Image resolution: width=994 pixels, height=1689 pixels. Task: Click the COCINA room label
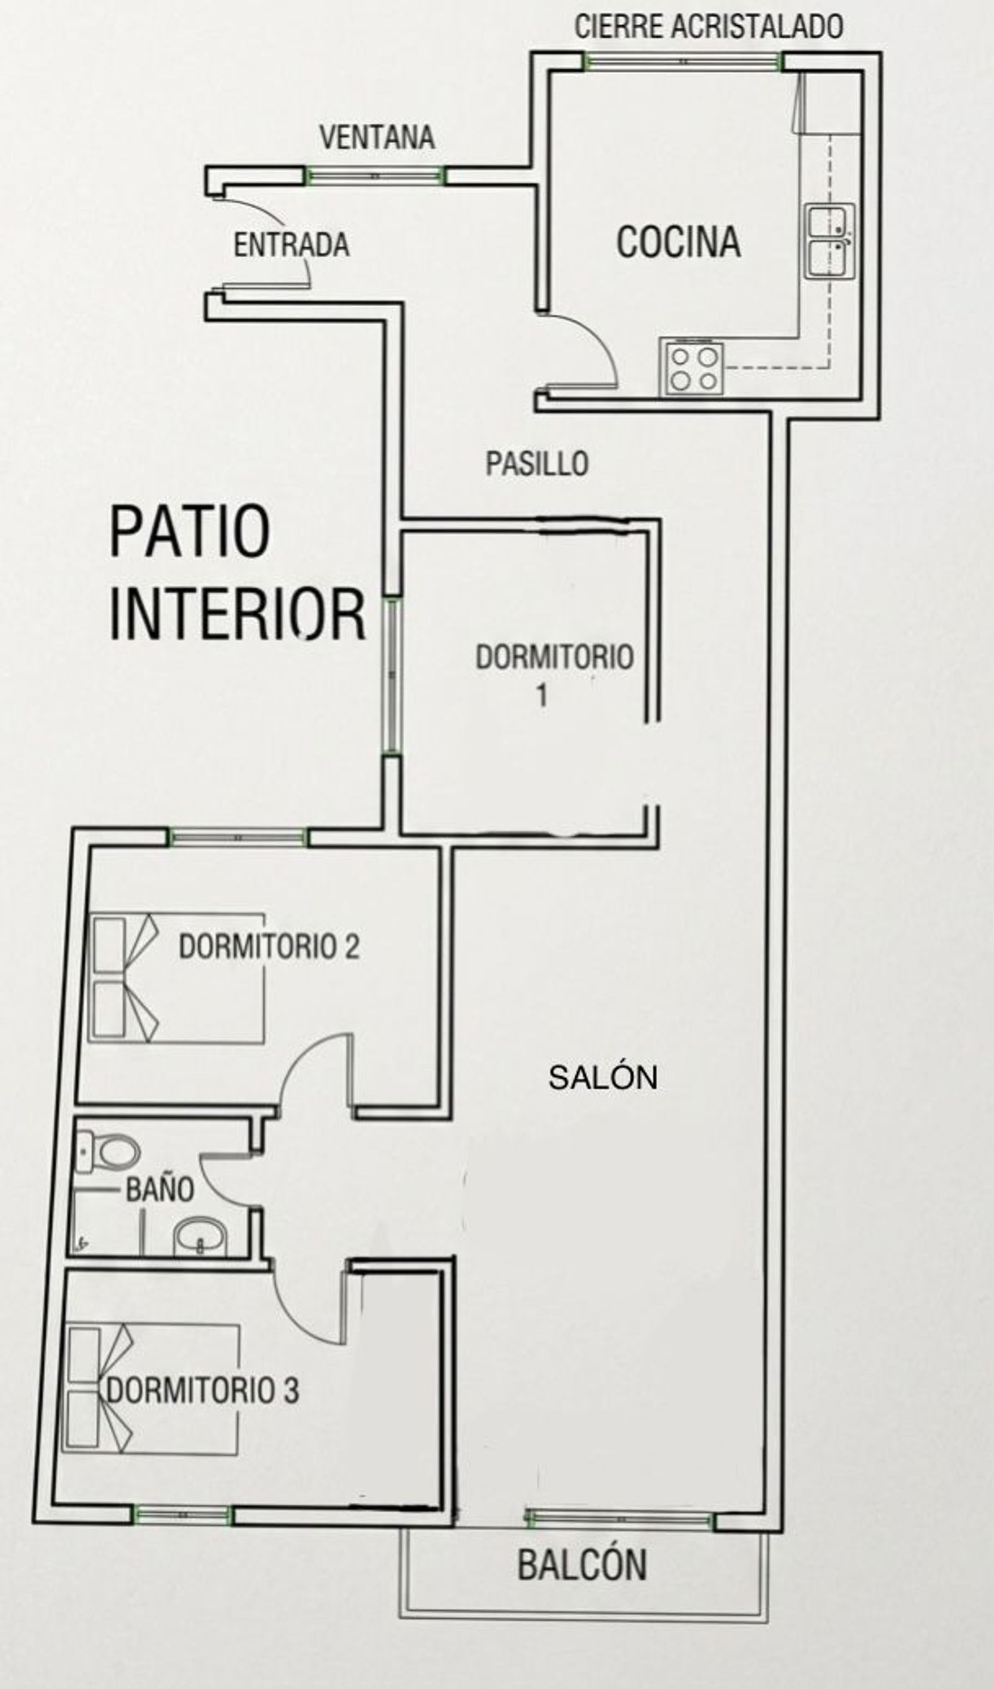coord(679,242)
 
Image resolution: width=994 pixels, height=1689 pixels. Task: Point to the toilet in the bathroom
coord(107,1152)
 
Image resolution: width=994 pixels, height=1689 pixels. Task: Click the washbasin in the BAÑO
coord(199,1236)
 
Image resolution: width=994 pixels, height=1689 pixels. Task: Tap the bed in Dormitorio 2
coord(176,978)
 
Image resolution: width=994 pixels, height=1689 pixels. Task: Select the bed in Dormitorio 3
coord(151,1389)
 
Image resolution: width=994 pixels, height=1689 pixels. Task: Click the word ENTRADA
coord(292,245)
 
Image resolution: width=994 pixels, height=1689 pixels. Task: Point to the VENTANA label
coord(377,137)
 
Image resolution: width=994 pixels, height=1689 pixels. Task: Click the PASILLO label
coord(537,464)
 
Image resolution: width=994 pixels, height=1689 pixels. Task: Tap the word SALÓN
coord(602,1078)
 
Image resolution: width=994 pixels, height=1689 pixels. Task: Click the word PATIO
coord(190,531)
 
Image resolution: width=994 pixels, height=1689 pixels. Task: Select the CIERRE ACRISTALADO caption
coord(708,27)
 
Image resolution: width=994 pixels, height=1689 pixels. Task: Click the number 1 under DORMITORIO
coord(542,695)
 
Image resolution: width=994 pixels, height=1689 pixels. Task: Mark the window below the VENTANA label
coord(375,176)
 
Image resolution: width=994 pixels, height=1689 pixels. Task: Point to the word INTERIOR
coord(237,614)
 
